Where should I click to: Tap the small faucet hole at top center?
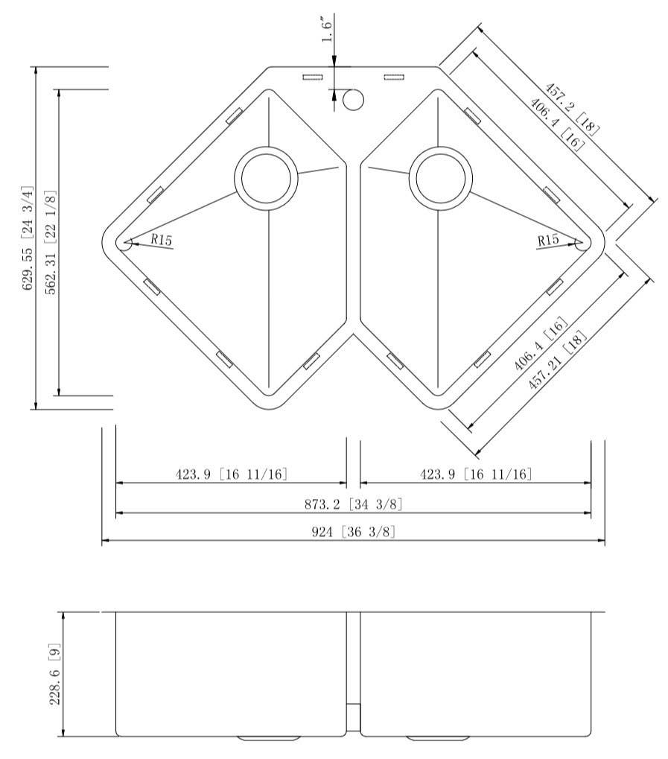point(353,98)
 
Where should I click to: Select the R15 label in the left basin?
point(162,240)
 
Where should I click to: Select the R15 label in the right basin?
point(548,240)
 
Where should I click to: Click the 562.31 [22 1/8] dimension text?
point(51,242)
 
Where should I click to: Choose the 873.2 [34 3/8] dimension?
point(354,505)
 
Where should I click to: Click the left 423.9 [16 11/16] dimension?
point(232,474)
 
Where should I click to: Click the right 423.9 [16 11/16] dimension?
point(476,474)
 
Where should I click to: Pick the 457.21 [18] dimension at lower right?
point(558,361)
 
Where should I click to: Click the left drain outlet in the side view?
point(269,738)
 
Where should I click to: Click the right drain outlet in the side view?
point(438,738)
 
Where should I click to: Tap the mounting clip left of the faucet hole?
point(312,77)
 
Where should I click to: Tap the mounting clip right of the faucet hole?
point(393,77)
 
